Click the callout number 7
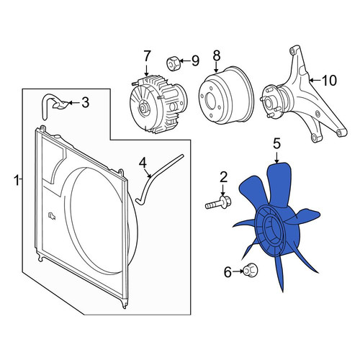click(146, 57)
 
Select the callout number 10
click(329, 80)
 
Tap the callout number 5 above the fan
click(276, 144)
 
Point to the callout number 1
click(17, 180)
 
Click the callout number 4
click(143, 163)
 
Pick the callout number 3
click(85, 103)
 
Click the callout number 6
click(228, 272)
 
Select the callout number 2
click(223, 177)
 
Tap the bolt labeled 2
click(218, 203)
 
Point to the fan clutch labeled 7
click(158, 105)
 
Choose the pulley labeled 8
click(225, 95)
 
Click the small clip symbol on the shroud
click(51, 215)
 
